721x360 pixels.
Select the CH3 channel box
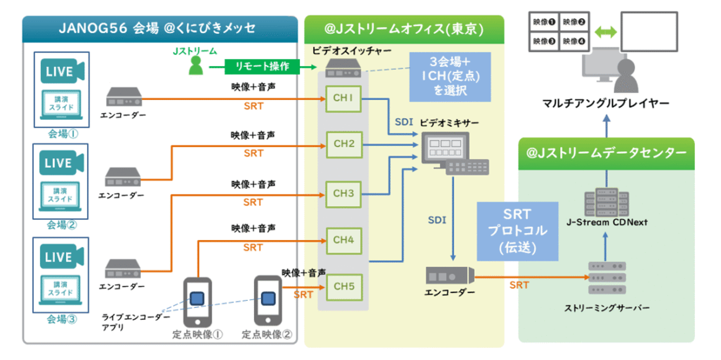coord(343,194)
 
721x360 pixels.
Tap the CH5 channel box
coord(344,287)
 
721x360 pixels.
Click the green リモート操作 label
coord(262,66)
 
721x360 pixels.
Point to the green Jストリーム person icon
coord(196,65)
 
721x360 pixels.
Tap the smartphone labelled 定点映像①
coord(197,301)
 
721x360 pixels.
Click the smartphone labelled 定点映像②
coord(268,300)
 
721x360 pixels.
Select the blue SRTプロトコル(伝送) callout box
coord(517,231)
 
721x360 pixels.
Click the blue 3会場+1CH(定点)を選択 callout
coord(450,77)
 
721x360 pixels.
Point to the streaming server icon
coord(606,278)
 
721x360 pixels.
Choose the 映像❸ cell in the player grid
coord(544,41)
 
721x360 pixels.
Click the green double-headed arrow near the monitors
coord(606,32)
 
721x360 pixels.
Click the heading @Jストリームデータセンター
coord(606,153)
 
